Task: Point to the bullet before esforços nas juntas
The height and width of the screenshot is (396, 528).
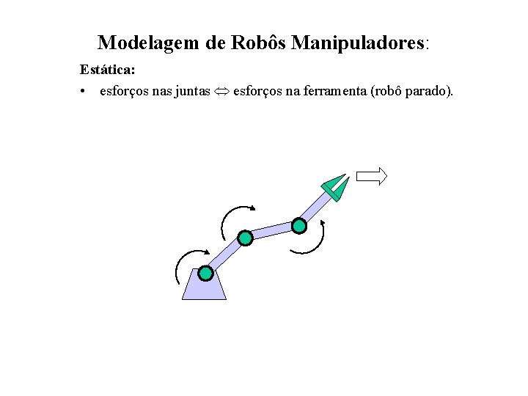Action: pyautogui.click(x=86, y=91)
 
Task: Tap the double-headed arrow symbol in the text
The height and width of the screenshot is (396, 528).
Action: pyautogui.click(x=220, y=92)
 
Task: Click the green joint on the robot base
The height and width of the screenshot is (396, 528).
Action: pyautogui.click(x=205, y=274)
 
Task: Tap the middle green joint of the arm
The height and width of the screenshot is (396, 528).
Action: pyautogui.click(x=245, y=238)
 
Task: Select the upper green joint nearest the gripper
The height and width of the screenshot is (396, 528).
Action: pyautogui.click(x=299, y=225)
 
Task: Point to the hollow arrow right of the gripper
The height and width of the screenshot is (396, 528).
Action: pyautogui.click(x=371, y=175)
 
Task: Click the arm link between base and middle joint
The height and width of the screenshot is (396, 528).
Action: pyautogui.click(x=225, y=255)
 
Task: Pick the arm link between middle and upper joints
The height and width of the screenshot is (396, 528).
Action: pyautogui.click(x=272, y=231)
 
